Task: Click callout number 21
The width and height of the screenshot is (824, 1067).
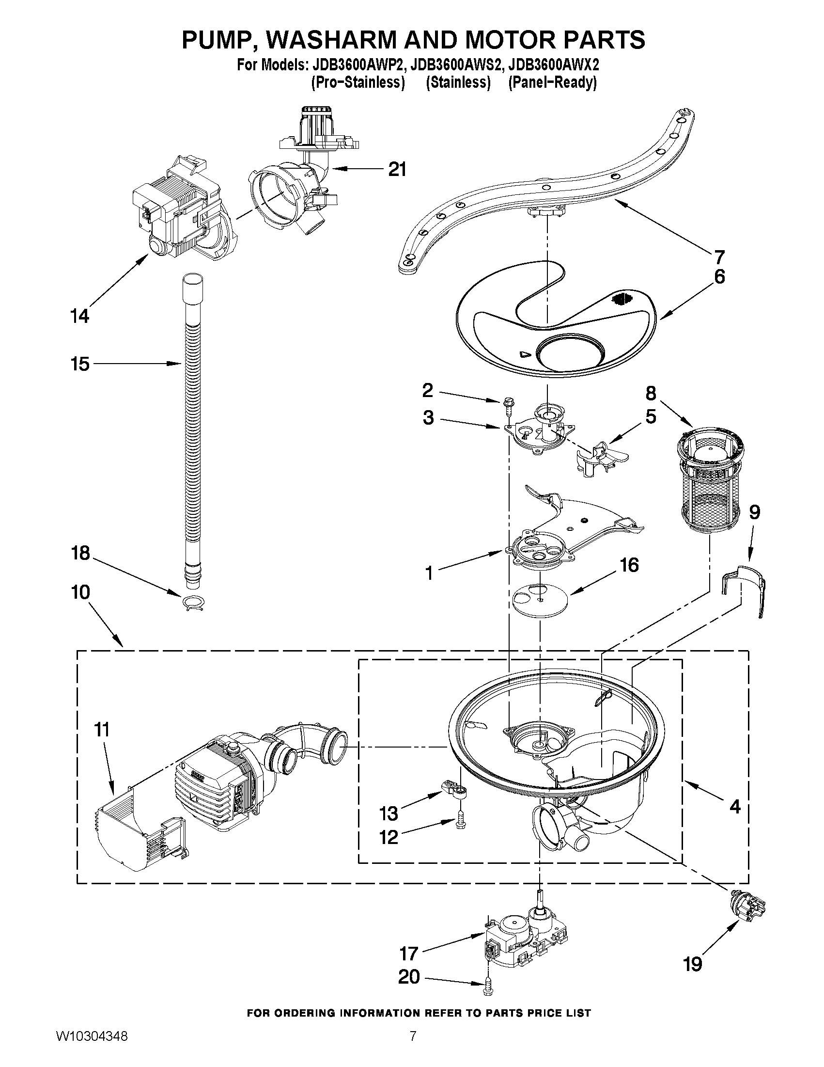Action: (397, 170)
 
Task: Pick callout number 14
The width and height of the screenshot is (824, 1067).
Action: (79, 316)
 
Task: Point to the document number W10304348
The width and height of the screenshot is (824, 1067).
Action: (92, 1046)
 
